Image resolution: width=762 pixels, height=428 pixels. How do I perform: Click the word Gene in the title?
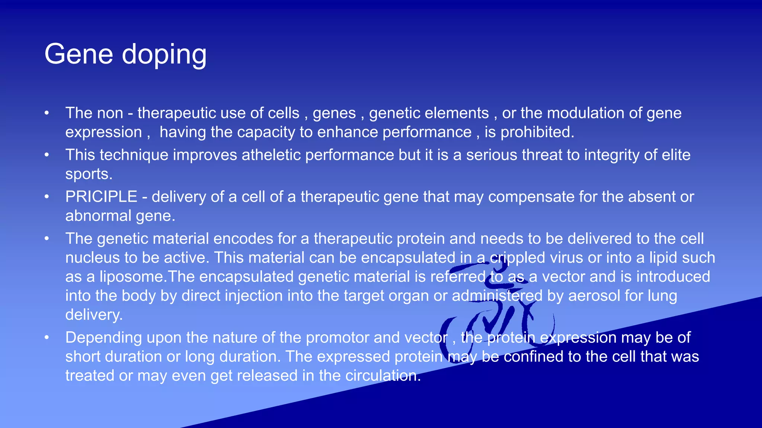pos(79,54)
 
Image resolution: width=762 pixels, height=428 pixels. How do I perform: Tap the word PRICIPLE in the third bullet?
pos(101,197)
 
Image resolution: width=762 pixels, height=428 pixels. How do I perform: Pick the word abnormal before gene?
pos(98,215)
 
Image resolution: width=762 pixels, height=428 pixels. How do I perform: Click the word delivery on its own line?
pos(94,315)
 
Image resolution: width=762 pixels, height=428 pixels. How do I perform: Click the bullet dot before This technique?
pos(47,155)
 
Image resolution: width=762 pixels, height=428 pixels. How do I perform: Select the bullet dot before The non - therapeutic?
pos(47,113)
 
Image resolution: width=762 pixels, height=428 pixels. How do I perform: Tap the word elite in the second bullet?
pos(676,155)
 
